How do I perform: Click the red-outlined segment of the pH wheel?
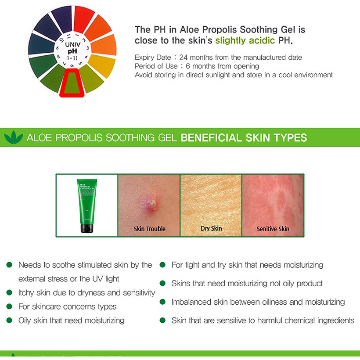pos(72,83)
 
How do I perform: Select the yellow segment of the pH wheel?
pos(102,65)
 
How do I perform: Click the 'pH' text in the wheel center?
pos(72,51)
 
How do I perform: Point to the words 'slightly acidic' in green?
pos(245,40)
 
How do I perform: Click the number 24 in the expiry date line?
pos(184,57)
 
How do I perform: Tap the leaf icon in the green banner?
pos(14,137)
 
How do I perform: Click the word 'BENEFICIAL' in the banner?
pos(211,137)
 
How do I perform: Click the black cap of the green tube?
pos(87,228)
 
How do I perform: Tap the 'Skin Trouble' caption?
pos(149,229)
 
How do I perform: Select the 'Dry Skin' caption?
pos(211,228)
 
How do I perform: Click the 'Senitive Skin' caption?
pos(273,229)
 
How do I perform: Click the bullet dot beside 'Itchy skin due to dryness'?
pos(9,292)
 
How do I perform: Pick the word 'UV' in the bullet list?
pos(97,279)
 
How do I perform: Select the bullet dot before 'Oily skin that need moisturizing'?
pos(9,320)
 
